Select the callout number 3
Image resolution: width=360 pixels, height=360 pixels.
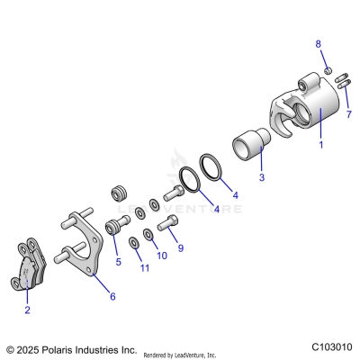[261, 177]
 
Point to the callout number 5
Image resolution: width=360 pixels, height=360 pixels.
[118, 262]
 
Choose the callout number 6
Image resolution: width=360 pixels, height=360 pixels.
[112, 296]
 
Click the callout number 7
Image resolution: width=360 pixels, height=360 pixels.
[348, 114]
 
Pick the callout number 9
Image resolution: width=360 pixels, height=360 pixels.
[180, 247]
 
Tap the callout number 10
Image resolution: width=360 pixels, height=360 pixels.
[162, 256]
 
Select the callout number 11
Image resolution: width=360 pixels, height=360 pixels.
[143, 268]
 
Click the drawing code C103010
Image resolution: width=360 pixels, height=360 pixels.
[332, 346]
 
